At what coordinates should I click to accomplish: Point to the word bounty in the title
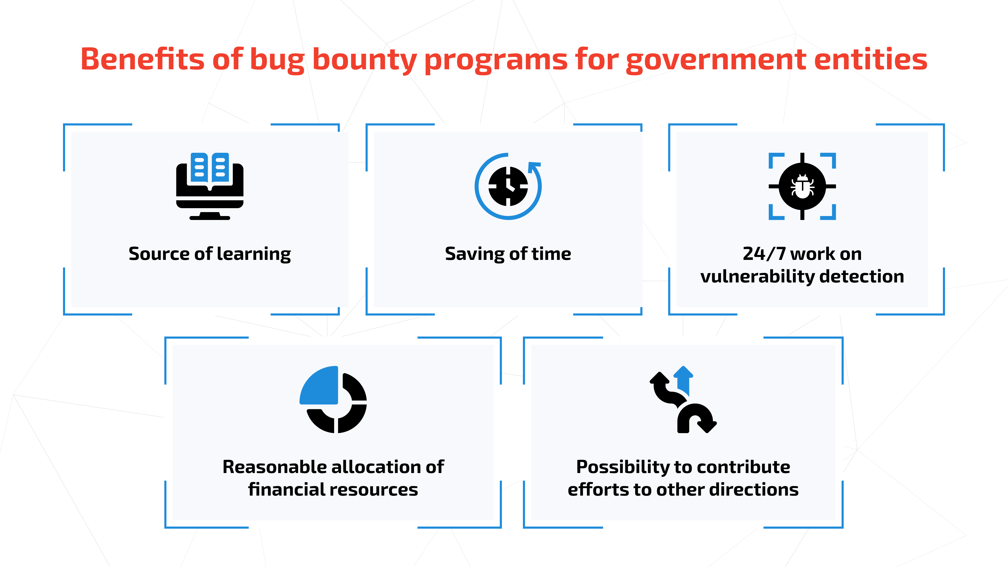tap(364, 60)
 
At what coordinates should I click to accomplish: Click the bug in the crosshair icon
tap(802, 186)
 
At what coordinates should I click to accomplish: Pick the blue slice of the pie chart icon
tap(319, 385)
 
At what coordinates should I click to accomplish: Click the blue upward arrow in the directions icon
tap(683, 380)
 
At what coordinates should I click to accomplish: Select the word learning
tap(254, 254)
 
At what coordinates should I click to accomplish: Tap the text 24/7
tap(764, 254)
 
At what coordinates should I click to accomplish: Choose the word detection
tap(862, 276)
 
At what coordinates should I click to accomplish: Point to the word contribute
tap(743, 467)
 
